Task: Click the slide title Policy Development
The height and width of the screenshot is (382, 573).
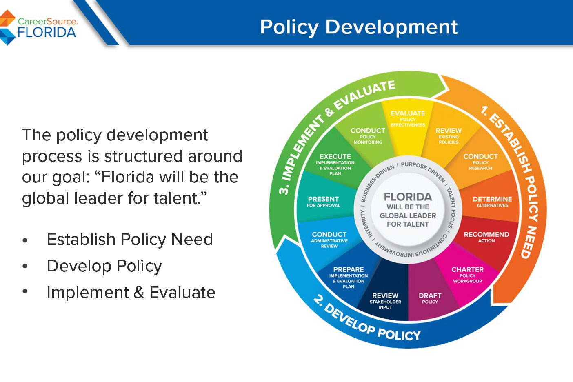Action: (x=359, y=27)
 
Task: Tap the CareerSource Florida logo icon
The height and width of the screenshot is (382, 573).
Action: (x=7, y=27)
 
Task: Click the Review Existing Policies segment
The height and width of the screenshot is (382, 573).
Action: (x=448, y=135)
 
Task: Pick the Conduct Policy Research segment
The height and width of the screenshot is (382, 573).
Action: (x=480, y=161)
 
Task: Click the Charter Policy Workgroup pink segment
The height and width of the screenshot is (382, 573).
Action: (x=467, y=275)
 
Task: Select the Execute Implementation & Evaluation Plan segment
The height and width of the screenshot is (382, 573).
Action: (x=335, y=164)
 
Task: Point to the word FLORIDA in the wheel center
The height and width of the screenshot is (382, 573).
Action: (x=408, y=197)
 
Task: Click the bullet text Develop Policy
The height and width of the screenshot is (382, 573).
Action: (x=104, y=266)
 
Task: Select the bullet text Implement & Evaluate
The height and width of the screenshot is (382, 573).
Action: (x=131, y=293)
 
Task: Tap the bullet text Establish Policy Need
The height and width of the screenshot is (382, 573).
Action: (x=130, y=240)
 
